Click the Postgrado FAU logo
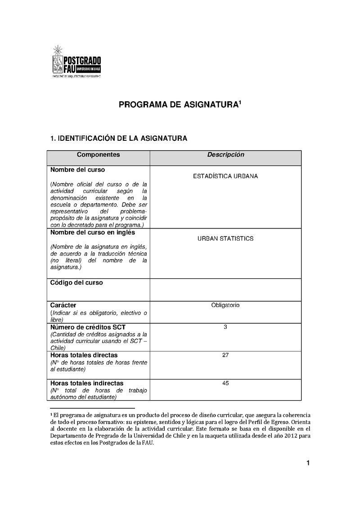pyautogui.click(x=77, y=62)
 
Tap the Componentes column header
pyautogui.click(x=98, y=155)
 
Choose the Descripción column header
pyautogui.click(x=225, y=155)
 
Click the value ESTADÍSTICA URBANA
pyautogui.click(x=225, y=176)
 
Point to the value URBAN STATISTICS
pyautogui.click(x=225, y=238)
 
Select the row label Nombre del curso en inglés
pyautogui.click(x=93, y=233)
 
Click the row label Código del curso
pyautogui.click(x=76, y=283)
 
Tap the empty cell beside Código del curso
pyautogui.click(x=225, y=290)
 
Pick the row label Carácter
pyautogui.click(x=63, y=305)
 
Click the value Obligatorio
pyautogui.click(x=225, y=305)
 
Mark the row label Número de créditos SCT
pyautogui.click(x=87, y=327)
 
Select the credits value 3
pyautogui.click(x=225, y=327)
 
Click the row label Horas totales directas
pyautogui.click(x=84, y=355)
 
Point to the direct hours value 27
pyautogui.click(x=225, y=355)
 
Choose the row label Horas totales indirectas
pyautogui.click(x=87, y=383)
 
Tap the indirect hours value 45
pyautogui.click(x=225, y=383)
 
